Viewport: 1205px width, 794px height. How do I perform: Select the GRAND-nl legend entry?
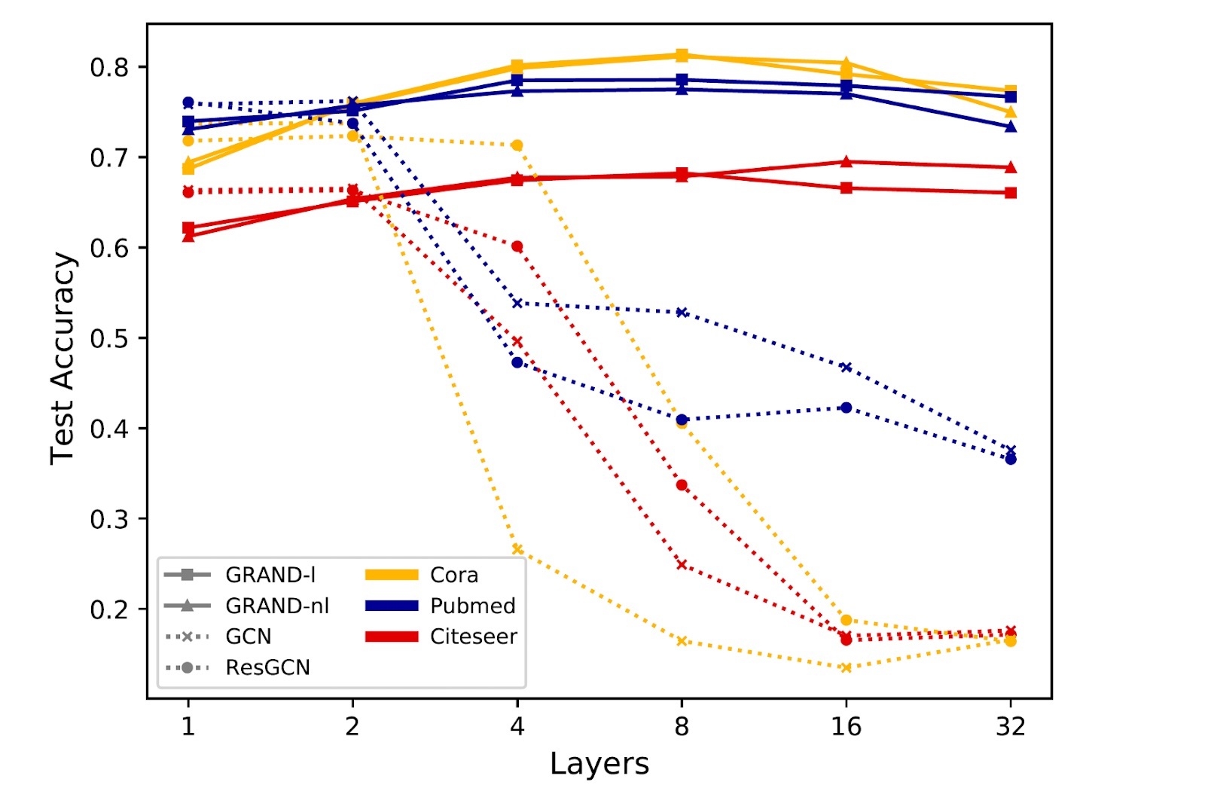pos(277,606)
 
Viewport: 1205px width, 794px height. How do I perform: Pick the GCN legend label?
pos(249,637)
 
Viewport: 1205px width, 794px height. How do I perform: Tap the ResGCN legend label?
pos(267,668)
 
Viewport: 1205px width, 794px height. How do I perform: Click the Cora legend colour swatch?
pos(392,576)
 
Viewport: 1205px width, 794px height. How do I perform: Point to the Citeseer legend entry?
pos(473,637)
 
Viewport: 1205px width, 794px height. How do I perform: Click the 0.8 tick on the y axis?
pos(109,68)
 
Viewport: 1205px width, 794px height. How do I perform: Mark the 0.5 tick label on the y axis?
pos(109,339)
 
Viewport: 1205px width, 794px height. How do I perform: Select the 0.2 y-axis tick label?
pos(109,609)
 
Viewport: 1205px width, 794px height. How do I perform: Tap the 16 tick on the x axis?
pos(846,727)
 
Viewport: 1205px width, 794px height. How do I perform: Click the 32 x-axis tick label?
pos(1011,727)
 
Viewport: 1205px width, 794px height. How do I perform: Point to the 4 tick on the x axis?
pos(517,727)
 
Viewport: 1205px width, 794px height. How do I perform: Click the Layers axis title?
pos(599,764)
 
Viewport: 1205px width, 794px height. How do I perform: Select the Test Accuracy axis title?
pos(63,359)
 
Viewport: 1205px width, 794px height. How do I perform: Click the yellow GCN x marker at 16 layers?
pos(846,667)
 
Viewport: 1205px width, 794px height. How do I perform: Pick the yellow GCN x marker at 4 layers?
pos(517,549)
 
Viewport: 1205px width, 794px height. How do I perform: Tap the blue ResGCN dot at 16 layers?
pos(846,408)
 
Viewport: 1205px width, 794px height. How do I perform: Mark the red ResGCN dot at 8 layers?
pos(682,485)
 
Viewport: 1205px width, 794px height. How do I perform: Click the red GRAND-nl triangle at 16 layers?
pos(846,162)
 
